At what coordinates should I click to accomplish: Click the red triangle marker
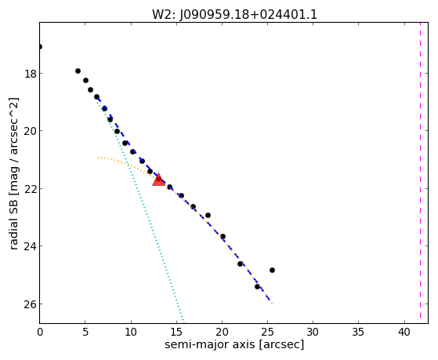click(158, 180)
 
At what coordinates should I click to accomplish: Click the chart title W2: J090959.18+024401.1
click(234, 14)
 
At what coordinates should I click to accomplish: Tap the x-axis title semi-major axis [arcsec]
click(234, 344)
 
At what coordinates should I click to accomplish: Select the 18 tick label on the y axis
click(30, 74)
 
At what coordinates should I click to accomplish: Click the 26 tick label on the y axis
click(30, 304)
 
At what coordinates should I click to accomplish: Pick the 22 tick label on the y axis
click(30, 189)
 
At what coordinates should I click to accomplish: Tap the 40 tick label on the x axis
click(404, 333)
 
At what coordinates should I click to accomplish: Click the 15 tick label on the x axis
click(176, 333)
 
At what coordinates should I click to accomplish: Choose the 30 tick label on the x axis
click(313, 333)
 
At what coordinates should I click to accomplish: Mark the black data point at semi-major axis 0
click(40, 46)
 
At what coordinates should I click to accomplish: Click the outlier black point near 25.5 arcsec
click(272, 271)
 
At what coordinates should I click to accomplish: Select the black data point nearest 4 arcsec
click(78, 71)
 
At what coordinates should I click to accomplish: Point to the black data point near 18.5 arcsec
click(208, 216)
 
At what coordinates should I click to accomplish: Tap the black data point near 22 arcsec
click(240, 264)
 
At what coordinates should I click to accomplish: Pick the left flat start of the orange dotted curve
click(98, 158)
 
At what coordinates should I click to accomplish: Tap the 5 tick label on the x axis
click(85, 333)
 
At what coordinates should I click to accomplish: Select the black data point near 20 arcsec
click(223, 237)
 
